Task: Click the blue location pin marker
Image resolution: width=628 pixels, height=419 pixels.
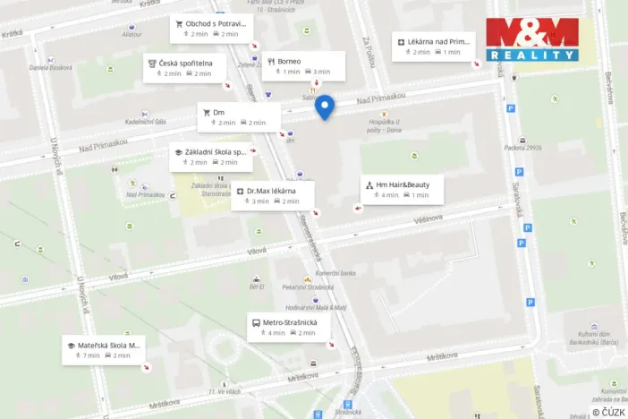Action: pyautogui.click(x=326, y=107)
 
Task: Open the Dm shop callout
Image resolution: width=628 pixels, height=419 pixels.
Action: pyautogui.click(x=238, y=116)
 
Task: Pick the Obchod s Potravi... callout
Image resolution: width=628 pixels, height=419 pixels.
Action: pyautogui.click(x=210, y=28)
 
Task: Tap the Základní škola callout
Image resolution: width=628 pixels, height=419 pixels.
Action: pyautogui.click(x=211, y=157)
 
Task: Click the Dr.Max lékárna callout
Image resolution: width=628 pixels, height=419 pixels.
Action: pyautogui.click(x=272, y=195)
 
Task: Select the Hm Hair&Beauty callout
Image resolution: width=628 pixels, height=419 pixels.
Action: pyautogui.click(x=402, y=189)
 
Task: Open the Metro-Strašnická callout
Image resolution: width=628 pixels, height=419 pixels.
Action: pyautogui.click(x=288, y=327)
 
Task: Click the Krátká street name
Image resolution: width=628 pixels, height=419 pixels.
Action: pyautogui.click(x=13, y=34)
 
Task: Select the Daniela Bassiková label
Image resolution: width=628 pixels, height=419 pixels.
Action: pyautogui.click(x=50, y=67)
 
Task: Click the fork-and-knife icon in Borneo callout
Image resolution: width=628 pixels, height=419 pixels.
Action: pyautogui.click(x=271, y=62)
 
